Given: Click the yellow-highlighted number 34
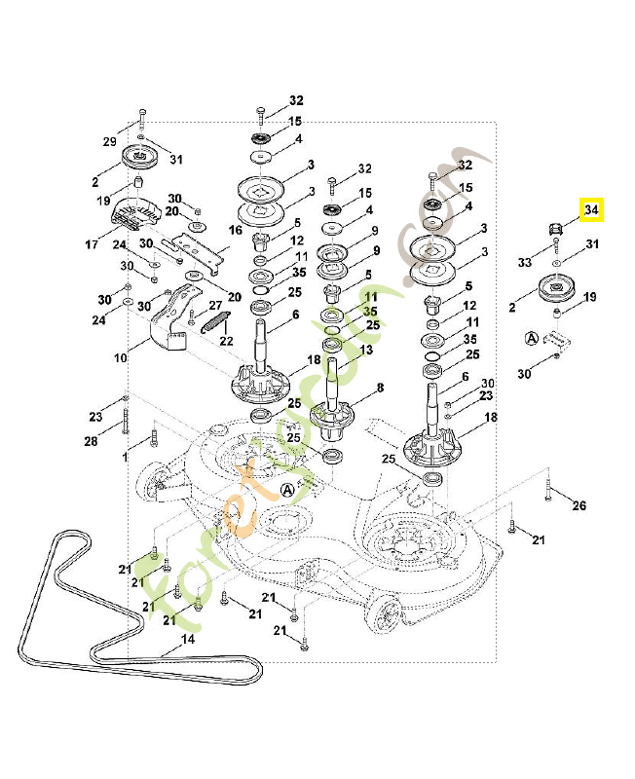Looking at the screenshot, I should [591, 210].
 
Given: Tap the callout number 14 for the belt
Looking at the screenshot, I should [189, 641].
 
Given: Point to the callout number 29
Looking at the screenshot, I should [110, 142].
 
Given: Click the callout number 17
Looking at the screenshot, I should [92, 244].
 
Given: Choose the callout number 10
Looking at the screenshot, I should [120, 358].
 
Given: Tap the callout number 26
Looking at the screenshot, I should [579, 505].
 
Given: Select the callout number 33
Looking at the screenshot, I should [525, 263].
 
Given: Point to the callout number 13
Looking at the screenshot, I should [365, 350].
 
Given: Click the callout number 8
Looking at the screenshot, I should [379, 388].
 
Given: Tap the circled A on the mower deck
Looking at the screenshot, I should [286, 490].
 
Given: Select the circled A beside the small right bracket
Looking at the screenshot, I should [531, 338].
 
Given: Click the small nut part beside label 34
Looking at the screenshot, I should [555, 229].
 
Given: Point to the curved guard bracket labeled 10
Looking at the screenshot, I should [165, 320].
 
